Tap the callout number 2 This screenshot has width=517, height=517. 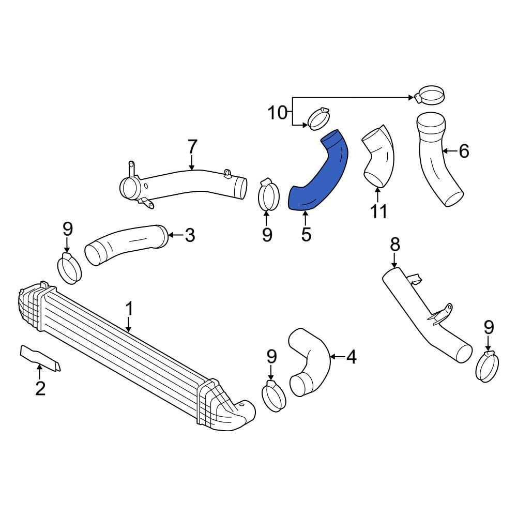click(x=40, y=388)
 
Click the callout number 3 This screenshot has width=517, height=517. click(x=190, y=236)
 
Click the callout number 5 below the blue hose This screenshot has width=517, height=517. click(x=306, y=235)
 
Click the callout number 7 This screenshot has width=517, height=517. click(x=192, y=147)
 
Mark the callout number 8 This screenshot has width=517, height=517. click(x=395, y=245)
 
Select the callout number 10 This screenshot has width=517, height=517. click(x=278, y=112)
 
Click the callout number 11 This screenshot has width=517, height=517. click(x=378, y=211)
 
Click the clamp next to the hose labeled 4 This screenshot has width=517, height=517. click(x=273, y=396)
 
